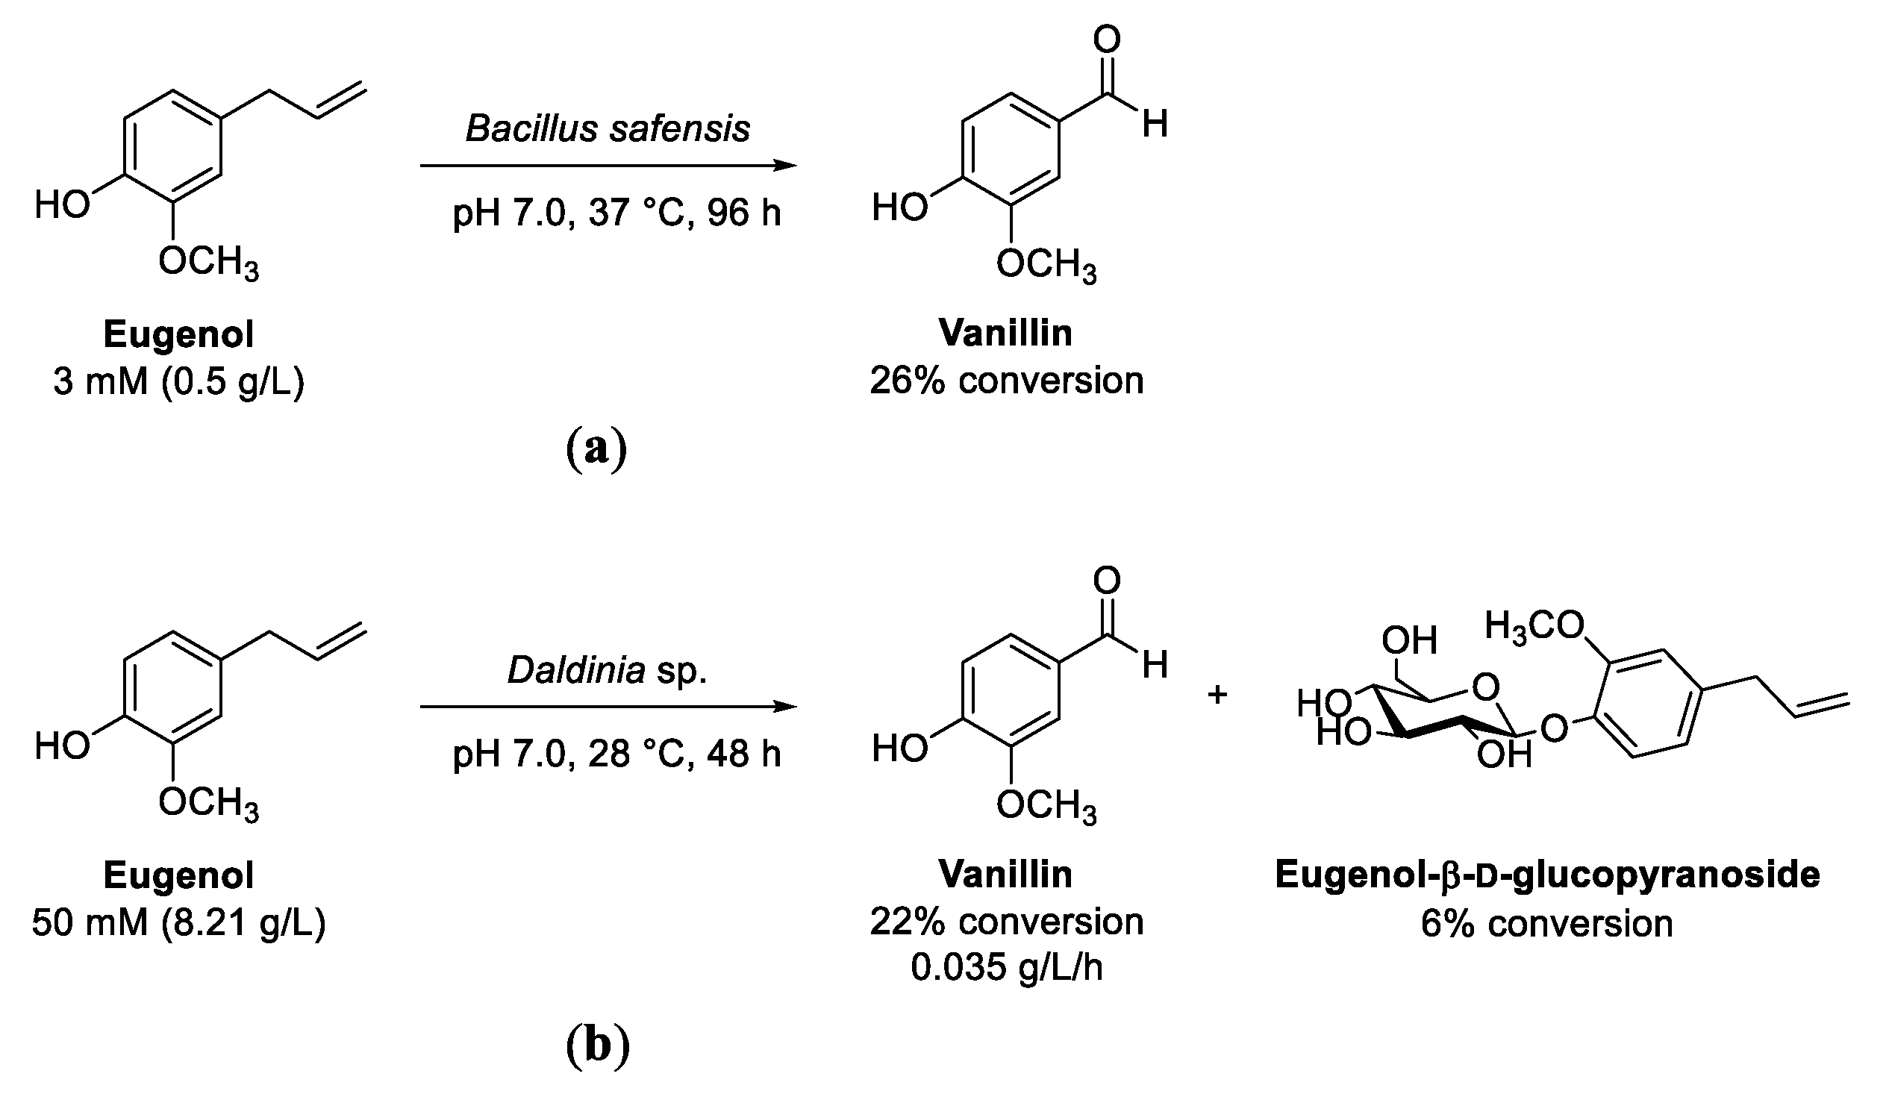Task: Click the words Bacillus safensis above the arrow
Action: coord(608,128)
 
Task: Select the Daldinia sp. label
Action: coord(608,669)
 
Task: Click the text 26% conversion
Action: coord(1007,381)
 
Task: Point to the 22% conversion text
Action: coord(1007,922)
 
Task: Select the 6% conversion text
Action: coord(1546,923)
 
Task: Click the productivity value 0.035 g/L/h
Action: coord(1007,967)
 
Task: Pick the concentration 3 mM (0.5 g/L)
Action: coord(178,381)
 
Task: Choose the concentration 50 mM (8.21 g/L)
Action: coord(178,922)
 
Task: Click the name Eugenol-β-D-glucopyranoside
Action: coord(1547,875)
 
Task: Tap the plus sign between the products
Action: coord(1217,695)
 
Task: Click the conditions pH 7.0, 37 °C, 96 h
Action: coord(616,213)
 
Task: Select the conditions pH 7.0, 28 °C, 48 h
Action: coord(616,754)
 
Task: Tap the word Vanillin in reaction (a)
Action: coord(1005,333)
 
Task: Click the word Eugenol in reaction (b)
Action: coord(178,875)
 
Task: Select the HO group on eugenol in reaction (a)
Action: coord(62,204)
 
